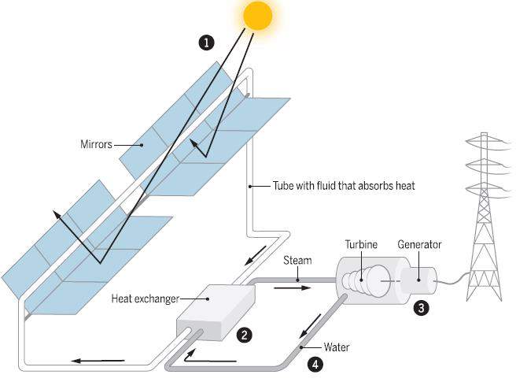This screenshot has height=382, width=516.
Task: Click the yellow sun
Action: (258, 16)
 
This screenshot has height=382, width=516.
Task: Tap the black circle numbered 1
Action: (207, 43)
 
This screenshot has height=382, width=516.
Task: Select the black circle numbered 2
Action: (245, 335)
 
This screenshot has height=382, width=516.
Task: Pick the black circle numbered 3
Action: (422, 308)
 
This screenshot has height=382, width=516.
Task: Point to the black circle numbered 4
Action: (315, 364)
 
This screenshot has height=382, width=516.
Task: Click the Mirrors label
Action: (97, 144)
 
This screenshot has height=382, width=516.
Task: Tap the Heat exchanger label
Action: (145, 299)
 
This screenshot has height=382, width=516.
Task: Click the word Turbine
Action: (362, 245)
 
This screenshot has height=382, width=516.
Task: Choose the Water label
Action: (336, 347)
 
